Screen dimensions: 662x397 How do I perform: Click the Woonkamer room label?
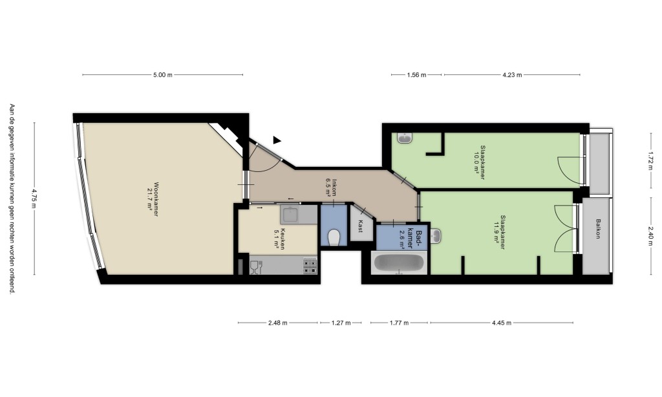156,199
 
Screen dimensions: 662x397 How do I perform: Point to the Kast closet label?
360,226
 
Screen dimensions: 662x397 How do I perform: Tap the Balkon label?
598,228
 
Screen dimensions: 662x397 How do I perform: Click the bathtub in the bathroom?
399,263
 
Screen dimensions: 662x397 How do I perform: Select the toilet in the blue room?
334,237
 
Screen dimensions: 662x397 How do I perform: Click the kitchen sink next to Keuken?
291,215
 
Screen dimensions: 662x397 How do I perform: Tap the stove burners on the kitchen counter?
310,266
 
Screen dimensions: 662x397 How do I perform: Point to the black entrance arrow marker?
277,140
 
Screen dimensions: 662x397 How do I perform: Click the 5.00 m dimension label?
162,75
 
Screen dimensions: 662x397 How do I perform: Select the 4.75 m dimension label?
34,198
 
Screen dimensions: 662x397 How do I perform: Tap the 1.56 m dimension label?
416,75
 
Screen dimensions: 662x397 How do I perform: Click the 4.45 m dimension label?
502,323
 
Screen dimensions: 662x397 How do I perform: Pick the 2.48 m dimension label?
278,323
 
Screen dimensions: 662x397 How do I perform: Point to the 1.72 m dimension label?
650,160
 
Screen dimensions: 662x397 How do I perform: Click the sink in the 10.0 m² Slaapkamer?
405,138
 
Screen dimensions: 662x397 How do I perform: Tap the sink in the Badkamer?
435,235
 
